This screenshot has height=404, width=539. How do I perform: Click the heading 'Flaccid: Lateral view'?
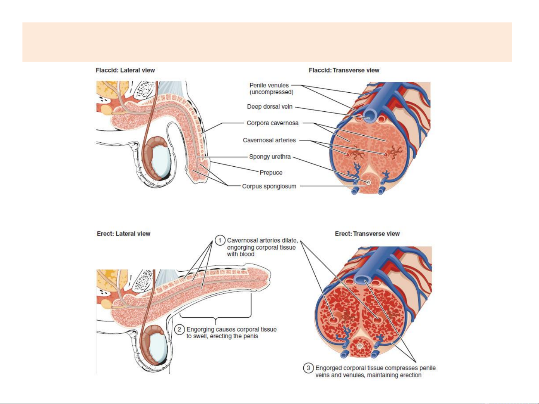[125, 70]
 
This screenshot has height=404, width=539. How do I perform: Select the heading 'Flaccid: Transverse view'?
[344, 70]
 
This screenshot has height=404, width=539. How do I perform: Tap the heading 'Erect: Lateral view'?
[123, 234]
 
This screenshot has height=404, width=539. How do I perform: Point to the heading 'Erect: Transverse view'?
[367, 234]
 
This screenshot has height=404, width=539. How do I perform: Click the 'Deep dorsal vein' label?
[270, 107]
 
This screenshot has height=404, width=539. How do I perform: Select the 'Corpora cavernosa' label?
[272, 123]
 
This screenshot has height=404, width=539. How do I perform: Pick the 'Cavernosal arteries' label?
[269, 140]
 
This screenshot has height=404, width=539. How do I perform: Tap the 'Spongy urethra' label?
[270, 157]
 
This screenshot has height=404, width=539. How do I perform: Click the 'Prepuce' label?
[271, 173]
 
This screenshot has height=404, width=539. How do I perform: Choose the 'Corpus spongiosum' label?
[269, 186]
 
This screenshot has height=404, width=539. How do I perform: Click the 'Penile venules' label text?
[269, 85]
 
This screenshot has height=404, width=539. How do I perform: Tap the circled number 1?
[220, 240]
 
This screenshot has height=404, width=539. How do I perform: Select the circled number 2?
[180, 329]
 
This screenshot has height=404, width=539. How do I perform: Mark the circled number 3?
[308, 368]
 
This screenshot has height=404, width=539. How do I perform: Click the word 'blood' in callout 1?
[247, 254]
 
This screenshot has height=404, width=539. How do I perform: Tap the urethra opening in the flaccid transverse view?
[368, 183]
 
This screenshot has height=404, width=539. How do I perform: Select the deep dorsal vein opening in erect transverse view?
[362, 279]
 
